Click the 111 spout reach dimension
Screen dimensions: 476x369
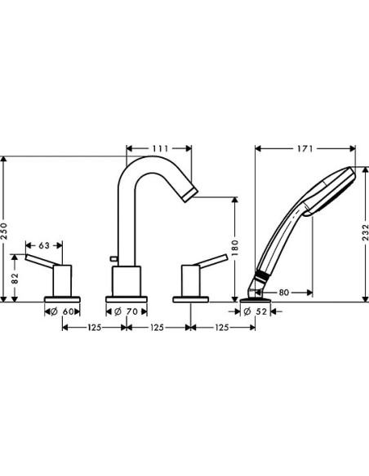159,148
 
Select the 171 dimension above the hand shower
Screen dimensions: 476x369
305,148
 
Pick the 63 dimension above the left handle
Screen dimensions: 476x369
43,244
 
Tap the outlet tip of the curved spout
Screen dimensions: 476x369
189,192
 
